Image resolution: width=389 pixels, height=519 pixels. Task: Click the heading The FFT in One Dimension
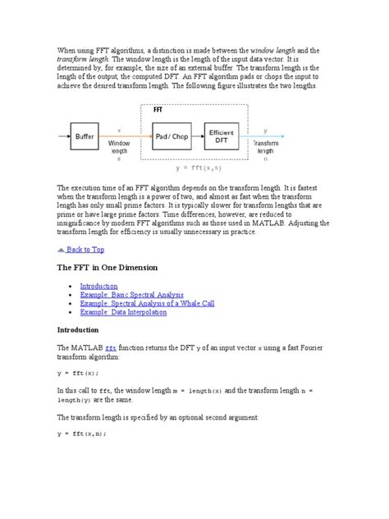107,268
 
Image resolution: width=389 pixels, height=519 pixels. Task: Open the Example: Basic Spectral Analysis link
131,294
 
